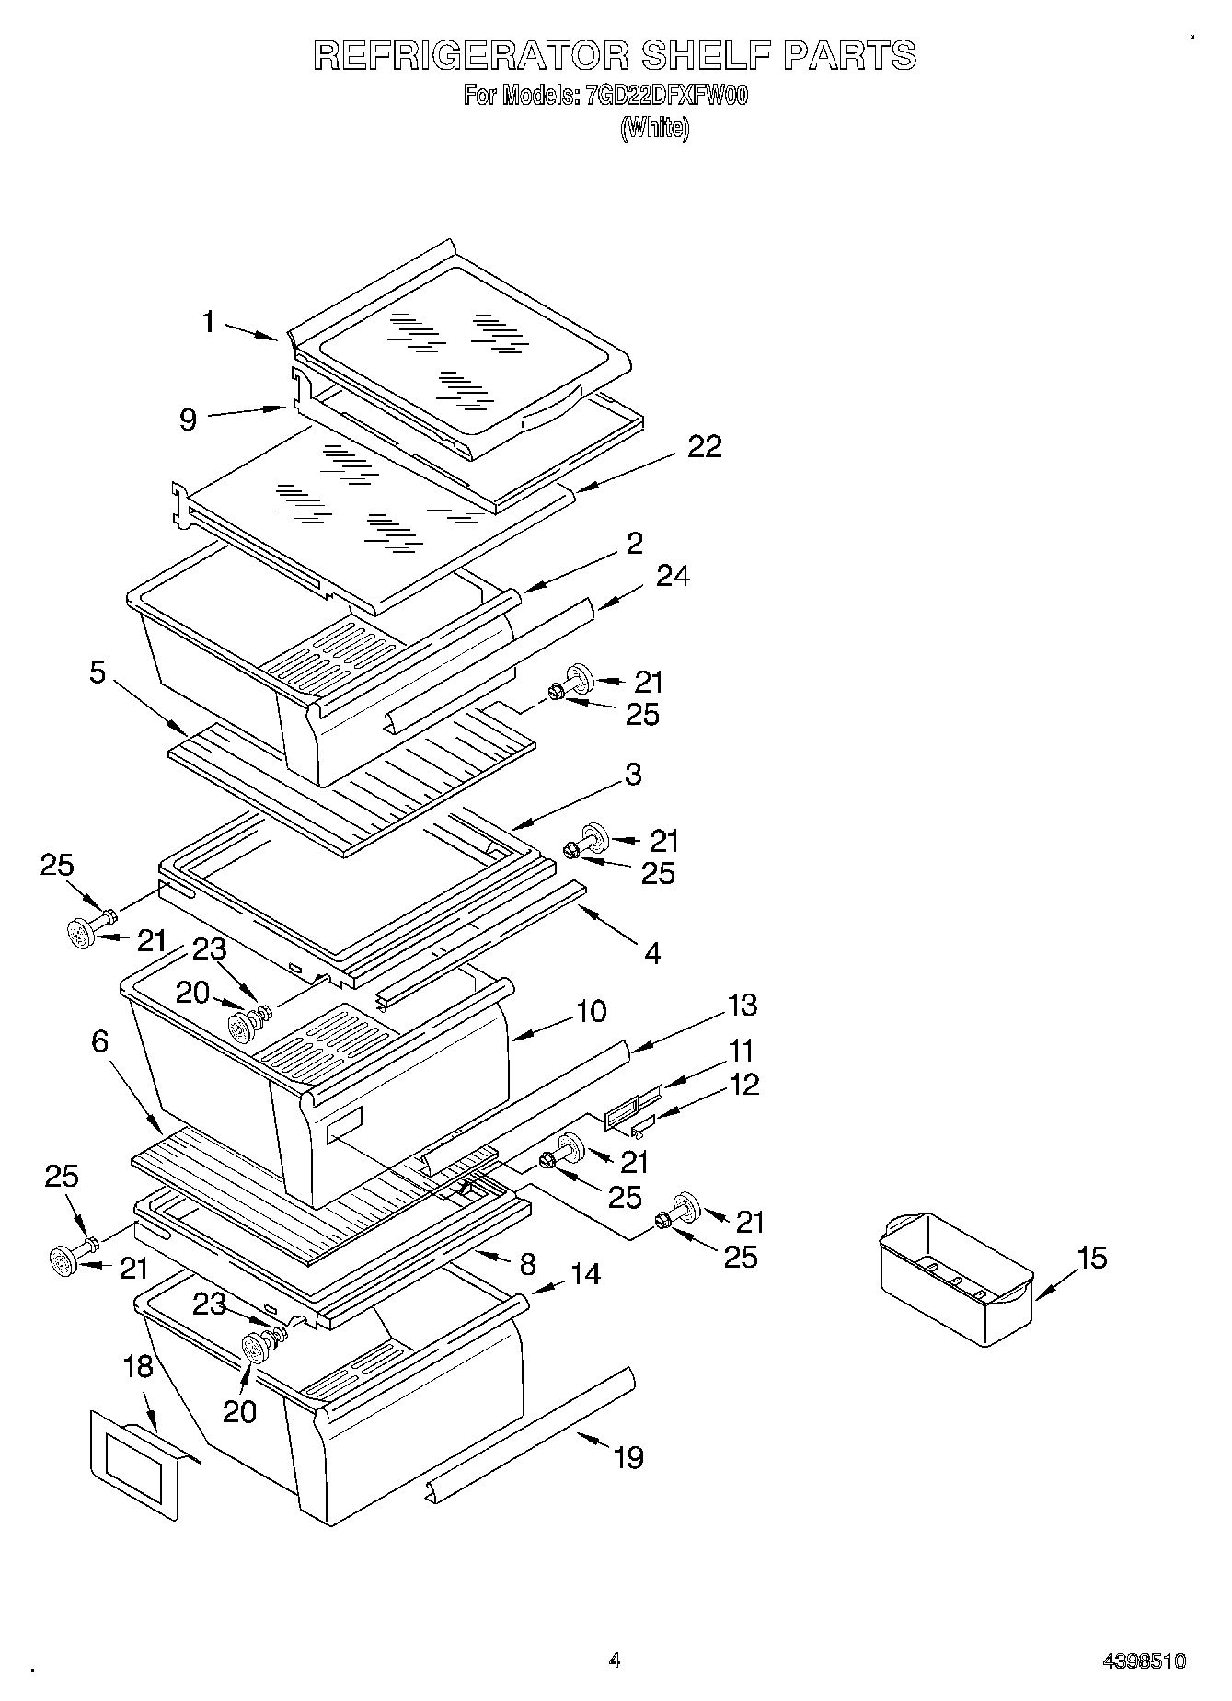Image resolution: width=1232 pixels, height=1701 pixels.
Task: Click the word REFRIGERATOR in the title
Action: click(470, 55)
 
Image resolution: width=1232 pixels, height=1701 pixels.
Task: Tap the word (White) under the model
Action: click(654, 128)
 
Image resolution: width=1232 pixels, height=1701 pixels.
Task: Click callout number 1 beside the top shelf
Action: click(209, 322)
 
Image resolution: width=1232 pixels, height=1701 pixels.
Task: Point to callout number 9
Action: click(188, 420)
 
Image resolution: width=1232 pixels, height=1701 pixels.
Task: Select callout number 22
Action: click(704, 447)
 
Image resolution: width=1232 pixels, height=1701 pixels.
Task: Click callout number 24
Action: click(673, 576)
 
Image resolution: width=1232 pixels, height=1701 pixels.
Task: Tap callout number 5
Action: click(97, 672)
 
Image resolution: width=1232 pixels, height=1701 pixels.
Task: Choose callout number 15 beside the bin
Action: click(1092, 1258)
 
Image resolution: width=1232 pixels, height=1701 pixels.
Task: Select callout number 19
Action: click(628, 1457)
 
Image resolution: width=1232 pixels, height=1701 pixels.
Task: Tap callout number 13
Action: click(742, 1006)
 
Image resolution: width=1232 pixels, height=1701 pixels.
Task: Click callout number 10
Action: click(591, 1011)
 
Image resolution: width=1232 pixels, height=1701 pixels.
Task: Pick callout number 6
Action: click(99, 1041)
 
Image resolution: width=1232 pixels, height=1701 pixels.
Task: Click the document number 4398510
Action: click(1145, 1661)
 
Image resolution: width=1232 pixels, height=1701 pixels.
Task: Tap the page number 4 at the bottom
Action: click(615, 1661)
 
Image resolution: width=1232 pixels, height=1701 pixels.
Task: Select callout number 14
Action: click(585, 1274)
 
